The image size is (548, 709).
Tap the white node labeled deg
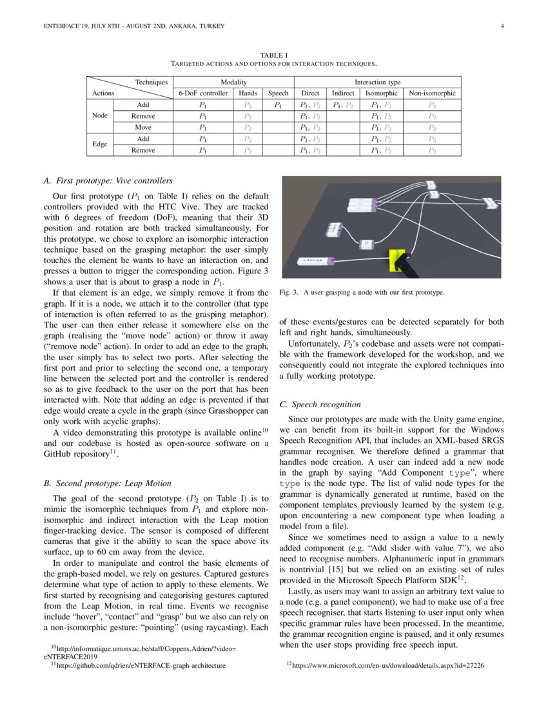click(312, 262)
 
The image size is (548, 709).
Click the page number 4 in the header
click(501, 26)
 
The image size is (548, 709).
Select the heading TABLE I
click(273, 56)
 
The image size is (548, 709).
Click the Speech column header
click(278, 93)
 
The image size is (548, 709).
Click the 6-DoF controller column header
click(203, 93)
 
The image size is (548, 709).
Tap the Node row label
click(99, 116)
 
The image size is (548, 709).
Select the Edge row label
click(99, 144)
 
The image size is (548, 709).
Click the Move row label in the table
click(143, 128)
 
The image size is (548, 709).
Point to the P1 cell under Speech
click(278, 104)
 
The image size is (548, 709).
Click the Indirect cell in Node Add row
click(343, 104)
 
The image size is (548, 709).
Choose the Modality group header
click(233, 82)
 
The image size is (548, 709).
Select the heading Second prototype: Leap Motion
click(107, 482)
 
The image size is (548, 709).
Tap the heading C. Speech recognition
click(320, 404)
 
